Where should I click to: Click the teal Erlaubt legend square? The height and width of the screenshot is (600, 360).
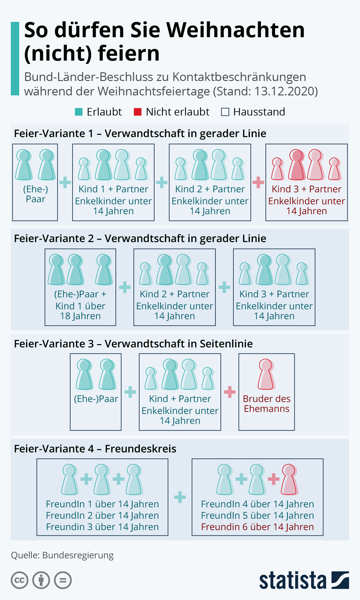[79, 112]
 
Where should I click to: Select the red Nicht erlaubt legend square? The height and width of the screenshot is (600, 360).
[137, 112]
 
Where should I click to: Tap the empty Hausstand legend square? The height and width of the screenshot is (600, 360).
[225, 112]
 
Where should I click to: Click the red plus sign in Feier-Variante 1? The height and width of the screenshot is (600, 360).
[258, 182]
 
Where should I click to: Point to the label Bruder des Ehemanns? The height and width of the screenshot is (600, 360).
[266, 403]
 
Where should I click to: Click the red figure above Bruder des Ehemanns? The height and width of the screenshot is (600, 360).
[266, 374]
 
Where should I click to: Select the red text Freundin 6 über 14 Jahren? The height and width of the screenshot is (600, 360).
[257, 527]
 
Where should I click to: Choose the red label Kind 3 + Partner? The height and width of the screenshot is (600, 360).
[306, 189]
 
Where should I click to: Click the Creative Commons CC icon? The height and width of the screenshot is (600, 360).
[19, 580]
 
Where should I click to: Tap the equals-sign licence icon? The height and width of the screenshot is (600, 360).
[63, 580]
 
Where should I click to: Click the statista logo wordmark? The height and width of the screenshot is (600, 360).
[292, 580]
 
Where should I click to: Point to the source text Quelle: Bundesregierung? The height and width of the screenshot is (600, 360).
[62, 555]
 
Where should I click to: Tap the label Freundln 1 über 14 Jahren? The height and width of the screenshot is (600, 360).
[102, 504]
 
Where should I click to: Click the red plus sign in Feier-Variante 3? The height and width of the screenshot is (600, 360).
[230, 392]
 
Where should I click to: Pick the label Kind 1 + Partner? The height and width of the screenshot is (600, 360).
[113, 189]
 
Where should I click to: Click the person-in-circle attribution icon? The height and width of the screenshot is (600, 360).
[41, 580]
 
